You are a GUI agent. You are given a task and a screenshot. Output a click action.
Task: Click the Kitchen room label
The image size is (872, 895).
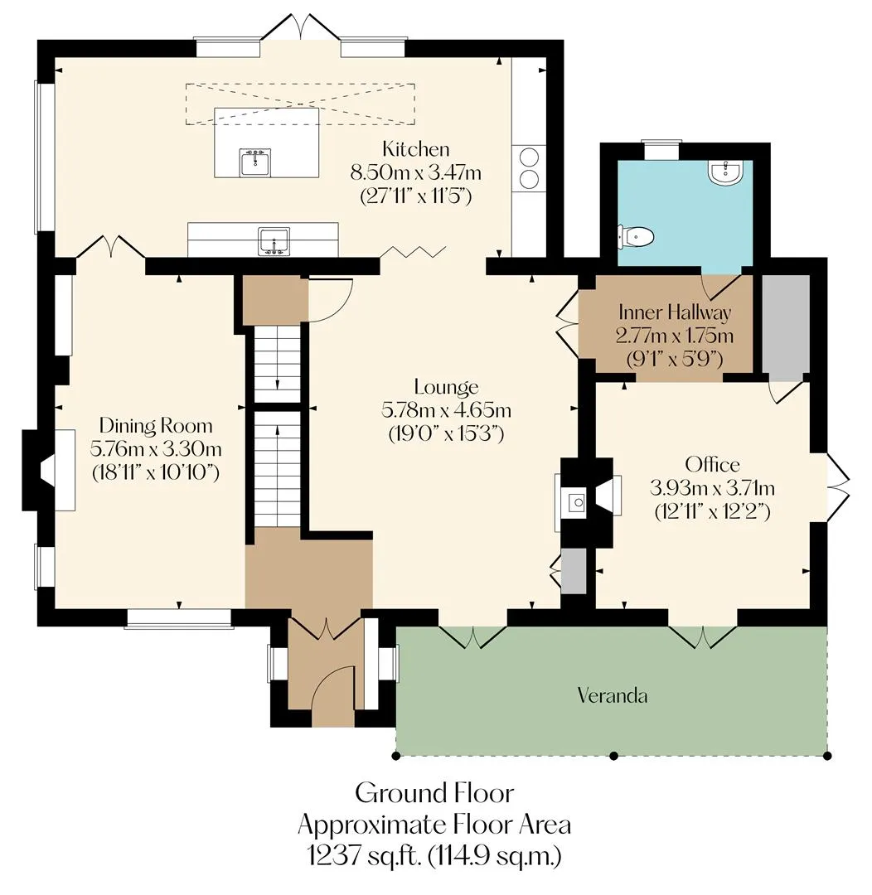416,149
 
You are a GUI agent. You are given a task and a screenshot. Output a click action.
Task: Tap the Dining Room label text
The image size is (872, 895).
156,426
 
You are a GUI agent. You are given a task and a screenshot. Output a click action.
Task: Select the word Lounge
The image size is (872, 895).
446,388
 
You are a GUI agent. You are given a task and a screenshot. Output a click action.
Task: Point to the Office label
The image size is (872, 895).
712,464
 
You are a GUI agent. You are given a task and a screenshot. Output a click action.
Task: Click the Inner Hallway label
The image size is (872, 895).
675,312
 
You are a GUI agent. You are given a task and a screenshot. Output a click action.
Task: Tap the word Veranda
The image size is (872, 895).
613,695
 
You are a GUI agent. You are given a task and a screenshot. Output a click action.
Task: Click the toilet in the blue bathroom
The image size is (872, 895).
634,235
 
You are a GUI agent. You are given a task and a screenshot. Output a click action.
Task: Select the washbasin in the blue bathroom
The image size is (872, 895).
725,172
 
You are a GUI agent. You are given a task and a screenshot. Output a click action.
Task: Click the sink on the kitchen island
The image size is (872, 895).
255,162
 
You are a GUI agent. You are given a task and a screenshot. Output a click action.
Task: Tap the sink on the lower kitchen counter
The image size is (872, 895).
274,241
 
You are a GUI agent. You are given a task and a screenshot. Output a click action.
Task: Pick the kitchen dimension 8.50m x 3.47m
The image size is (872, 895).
415,172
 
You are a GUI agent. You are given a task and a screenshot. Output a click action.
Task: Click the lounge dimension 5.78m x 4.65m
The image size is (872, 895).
446,410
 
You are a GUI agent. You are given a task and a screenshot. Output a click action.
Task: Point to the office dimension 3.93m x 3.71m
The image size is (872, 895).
712,488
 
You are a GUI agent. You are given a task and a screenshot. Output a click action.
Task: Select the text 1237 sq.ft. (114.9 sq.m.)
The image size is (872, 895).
434,855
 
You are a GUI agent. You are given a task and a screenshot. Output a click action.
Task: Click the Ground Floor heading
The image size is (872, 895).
434,793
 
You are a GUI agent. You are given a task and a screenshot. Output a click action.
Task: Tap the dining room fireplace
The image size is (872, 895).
49,471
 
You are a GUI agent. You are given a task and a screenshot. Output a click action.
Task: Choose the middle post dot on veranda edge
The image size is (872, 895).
614,757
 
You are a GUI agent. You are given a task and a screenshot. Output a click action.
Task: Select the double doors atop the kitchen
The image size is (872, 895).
301,27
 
